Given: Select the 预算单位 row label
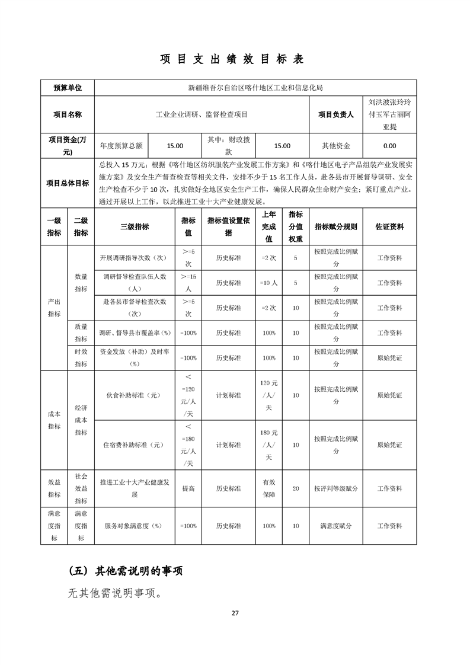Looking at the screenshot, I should (x=68, y=88).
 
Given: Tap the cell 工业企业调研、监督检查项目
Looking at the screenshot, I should (x=202, y=114).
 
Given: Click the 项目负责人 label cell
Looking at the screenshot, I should (x=335, y=114).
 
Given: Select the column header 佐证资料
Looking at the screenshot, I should (x=389, y=226).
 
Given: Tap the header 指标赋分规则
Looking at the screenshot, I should (x=335, y=226).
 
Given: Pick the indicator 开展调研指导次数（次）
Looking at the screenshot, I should (x=135, y=258).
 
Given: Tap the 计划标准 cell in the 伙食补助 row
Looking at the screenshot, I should (x=228, y=395).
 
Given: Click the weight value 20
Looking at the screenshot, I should (x=296, y=488).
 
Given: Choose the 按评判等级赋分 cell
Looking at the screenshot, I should (x=335, y=488).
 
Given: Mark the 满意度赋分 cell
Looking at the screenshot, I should (x=335, y=526).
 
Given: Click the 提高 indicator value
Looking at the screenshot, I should (x=188, y=488).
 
